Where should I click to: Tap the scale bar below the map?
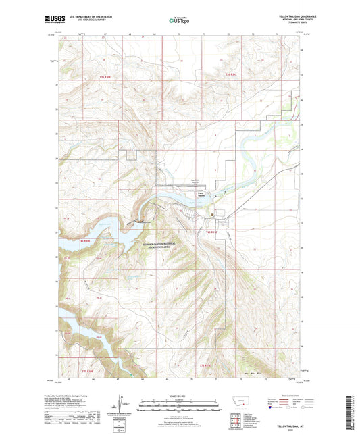pos(179,407)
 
